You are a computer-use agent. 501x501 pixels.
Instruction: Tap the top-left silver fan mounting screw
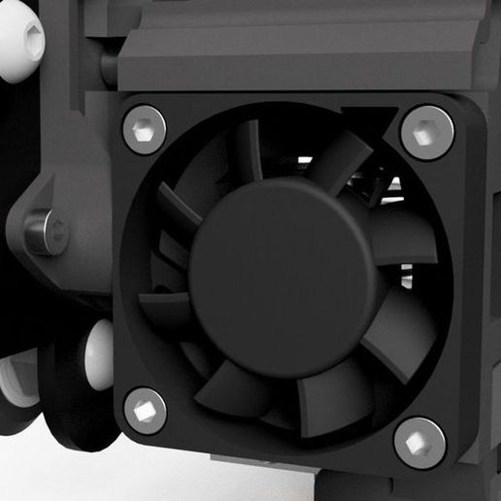click(x=144, y=129)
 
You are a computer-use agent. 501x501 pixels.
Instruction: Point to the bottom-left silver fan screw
click(x=145, y=410)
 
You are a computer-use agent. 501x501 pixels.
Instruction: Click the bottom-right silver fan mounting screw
click(x=419, y=443)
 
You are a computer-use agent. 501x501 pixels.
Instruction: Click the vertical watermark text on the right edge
click(x=492, y=291)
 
